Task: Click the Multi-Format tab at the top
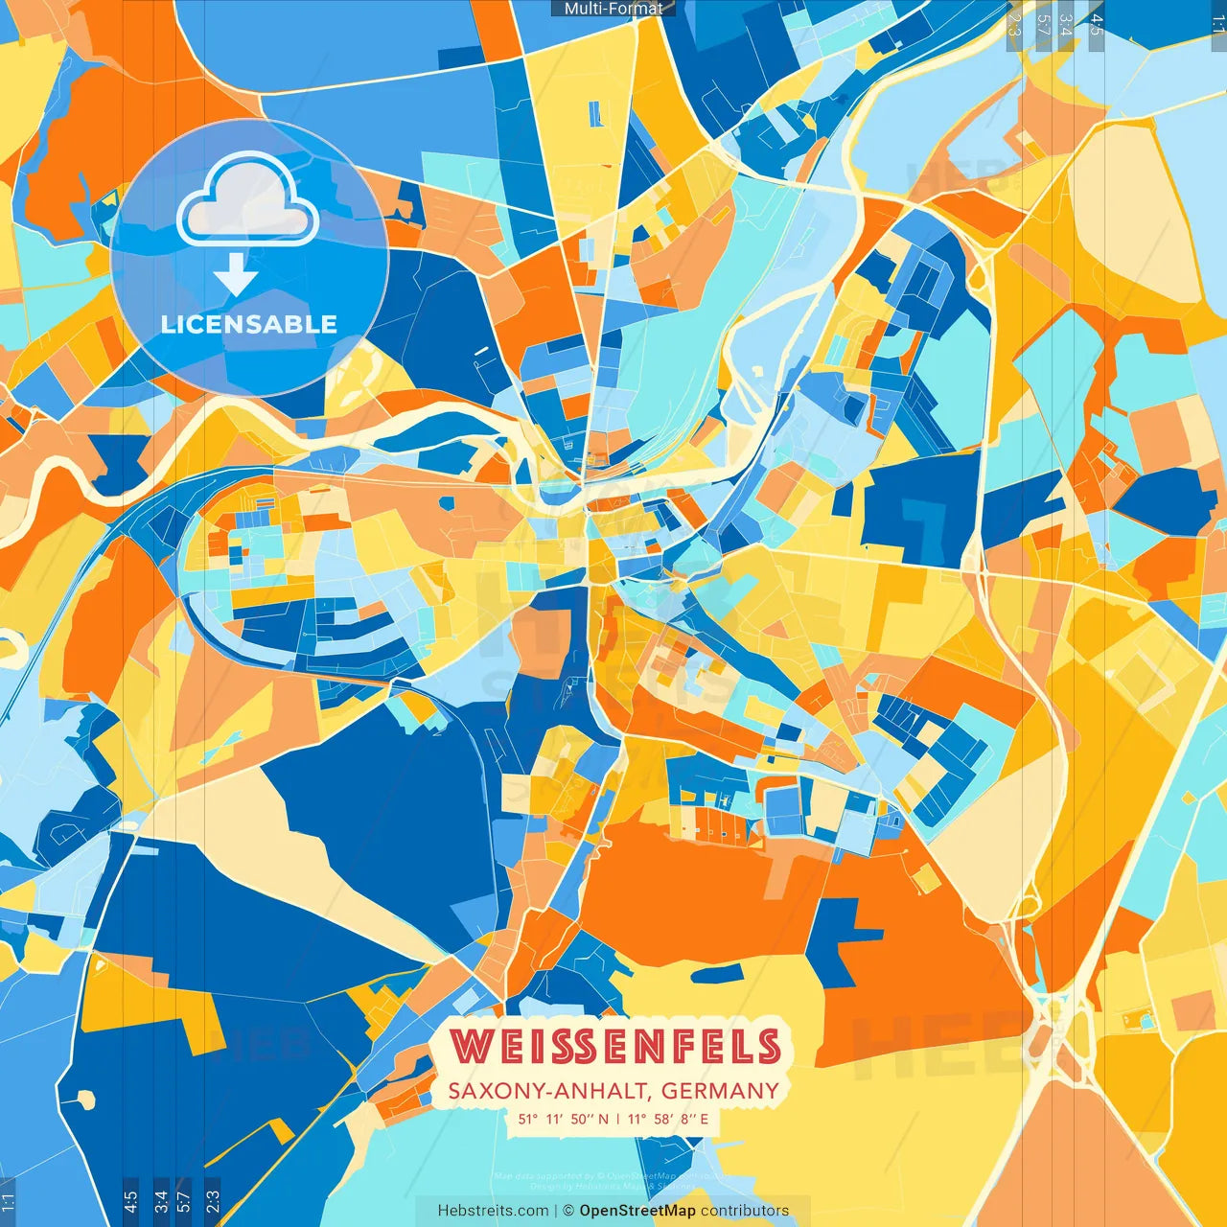(x=613, y=9)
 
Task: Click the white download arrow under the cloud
(x=236, y=274)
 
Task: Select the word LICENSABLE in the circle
(x=249, y=324)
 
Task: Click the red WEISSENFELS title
(x=614, y=1047)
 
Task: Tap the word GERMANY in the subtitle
(x=720, y=1091)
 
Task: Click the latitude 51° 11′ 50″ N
(x=564, y=1119)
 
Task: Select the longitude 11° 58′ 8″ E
(x=669, y=1119)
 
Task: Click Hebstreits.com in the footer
(x=493, y=1211)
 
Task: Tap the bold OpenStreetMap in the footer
(x=637, y=1211)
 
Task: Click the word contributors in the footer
(x=745, y=1211)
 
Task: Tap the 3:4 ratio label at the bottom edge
(x=161, y=1201)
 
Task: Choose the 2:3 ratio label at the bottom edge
(x=212, y=1201)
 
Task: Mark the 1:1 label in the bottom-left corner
(x=8, y=1201)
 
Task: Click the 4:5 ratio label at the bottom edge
(x=130, y=1201)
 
